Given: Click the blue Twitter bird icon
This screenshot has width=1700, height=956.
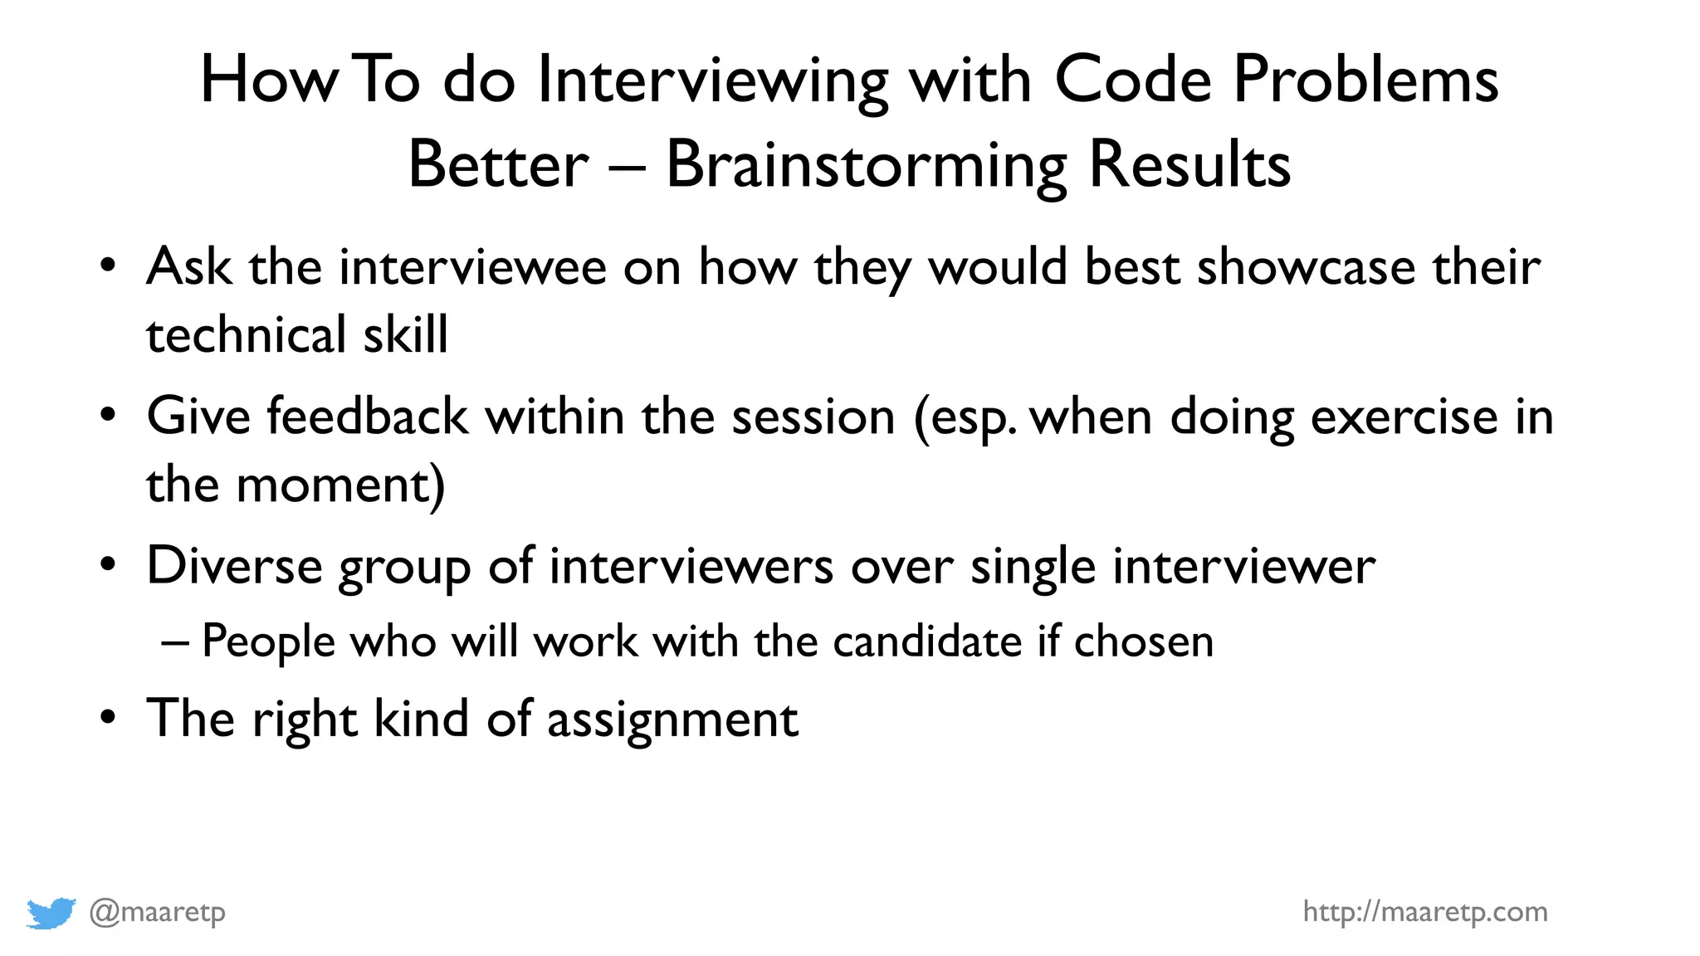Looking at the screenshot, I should [51, 913].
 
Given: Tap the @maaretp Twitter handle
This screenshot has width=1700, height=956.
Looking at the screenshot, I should [157, 912].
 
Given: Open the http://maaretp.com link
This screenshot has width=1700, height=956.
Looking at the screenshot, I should [1424, 912].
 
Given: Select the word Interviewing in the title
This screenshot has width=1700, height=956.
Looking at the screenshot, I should [712, 80].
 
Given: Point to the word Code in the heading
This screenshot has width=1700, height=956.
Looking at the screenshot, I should [1132, 80].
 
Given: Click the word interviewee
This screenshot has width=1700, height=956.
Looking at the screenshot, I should [472, 268].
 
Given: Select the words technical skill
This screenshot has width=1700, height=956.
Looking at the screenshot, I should [296, 335].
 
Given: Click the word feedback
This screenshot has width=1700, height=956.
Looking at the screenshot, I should [367, 417].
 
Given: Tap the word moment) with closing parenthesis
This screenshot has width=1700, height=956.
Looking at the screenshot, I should [340, 485].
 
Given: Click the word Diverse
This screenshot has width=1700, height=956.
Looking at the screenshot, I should [234, 567].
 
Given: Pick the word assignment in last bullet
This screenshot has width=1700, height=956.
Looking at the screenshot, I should [672, 719].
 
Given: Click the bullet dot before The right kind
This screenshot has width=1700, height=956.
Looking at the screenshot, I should [108, 716].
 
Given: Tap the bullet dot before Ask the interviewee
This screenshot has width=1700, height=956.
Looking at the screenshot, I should [108, 266].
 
